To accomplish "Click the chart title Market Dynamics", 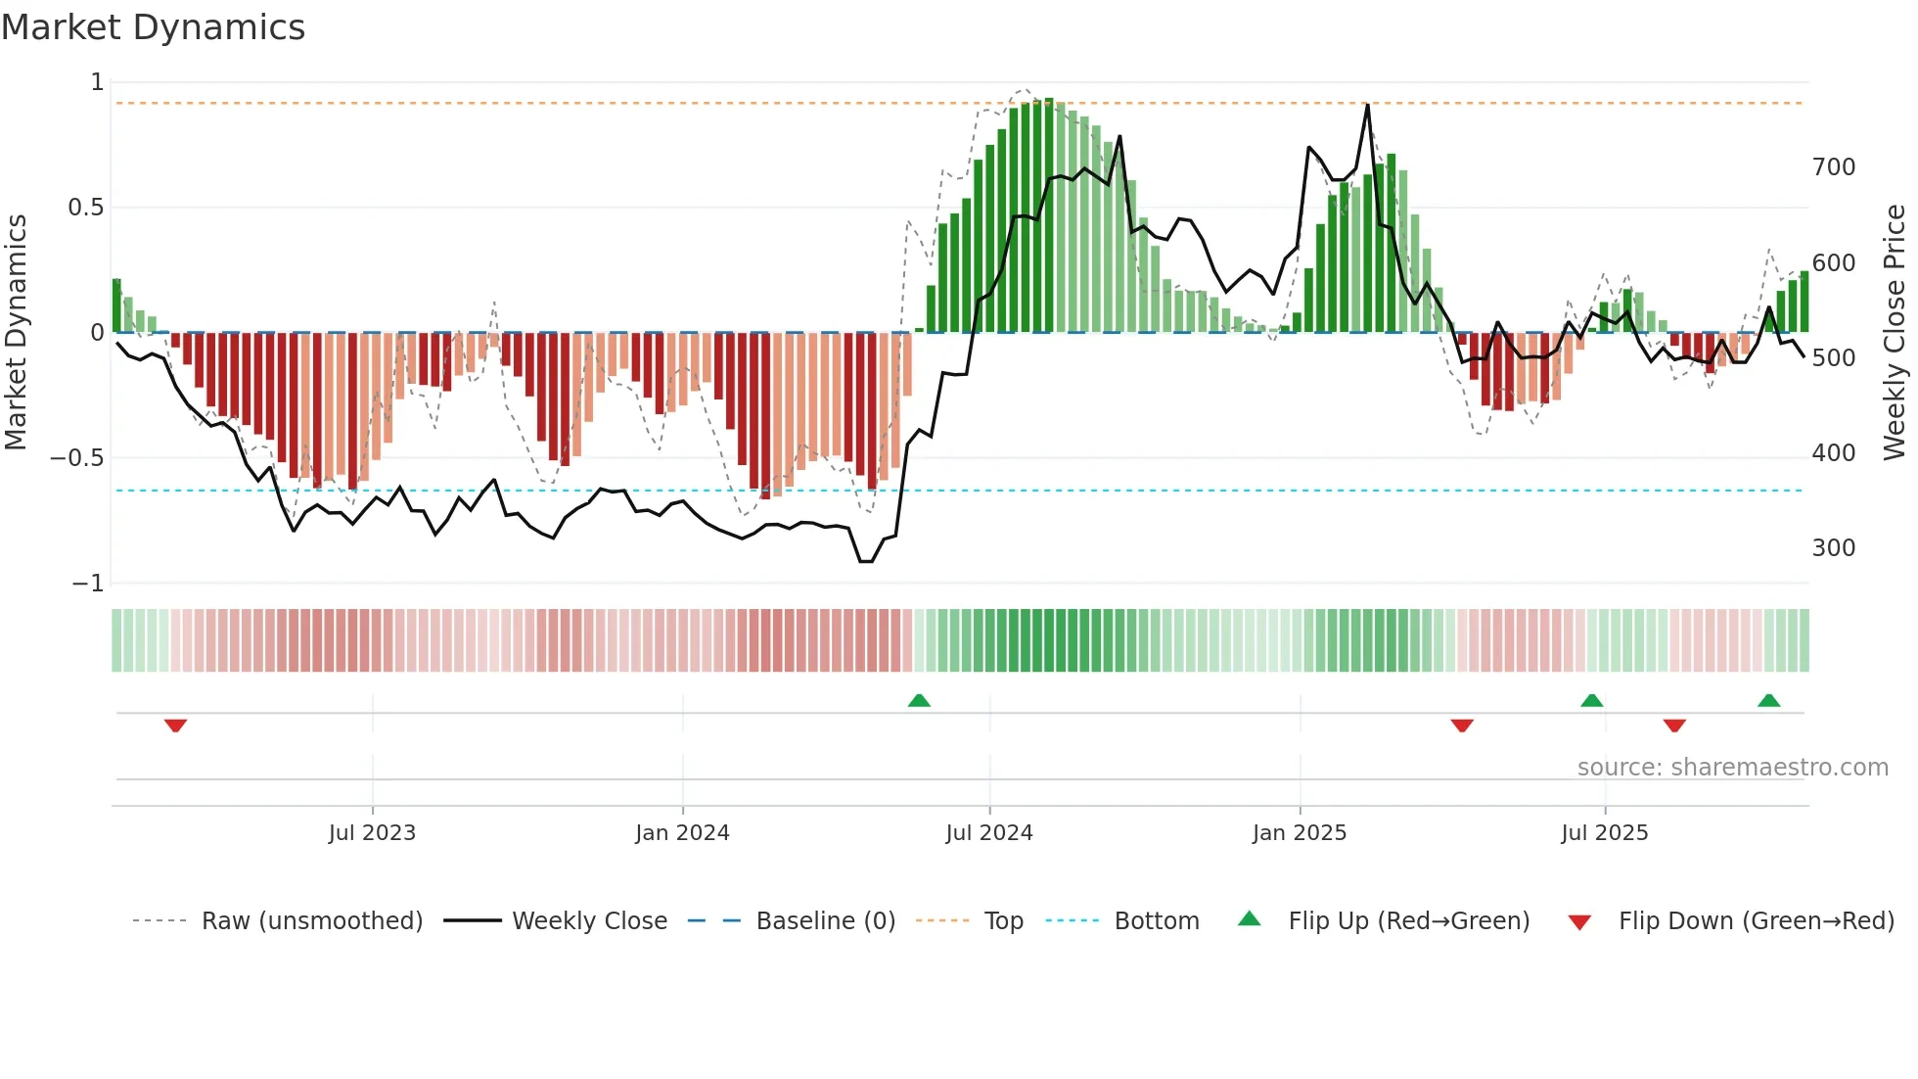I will coord(154,27).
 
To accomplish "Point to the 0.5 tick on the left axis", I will coord(85,208).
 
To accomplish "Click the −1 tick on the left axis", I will coord(87,584).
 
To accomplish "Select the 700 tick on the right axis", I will coord(1833,167).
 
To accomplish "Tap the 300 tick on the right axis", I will coord(1833,548).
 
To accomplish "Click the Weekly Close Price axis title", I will coord(1895,333).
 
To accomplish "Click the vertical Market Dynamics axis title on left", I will coord(16,333).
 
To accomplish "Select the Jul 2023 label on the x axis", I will coord(372,833).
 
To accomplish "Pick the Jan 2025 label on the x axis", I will coord(1299,833).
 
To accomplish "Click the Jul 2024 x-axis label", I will coord(988,833).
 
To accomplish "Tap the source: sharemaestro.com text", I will coord(1732,768).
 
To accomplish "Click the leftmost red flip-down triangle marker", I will coord(175,726).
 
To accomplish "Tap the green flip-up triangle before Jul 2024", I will coord(919,700).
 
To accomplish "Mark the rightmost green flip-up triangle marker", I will coord(1768,700).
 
